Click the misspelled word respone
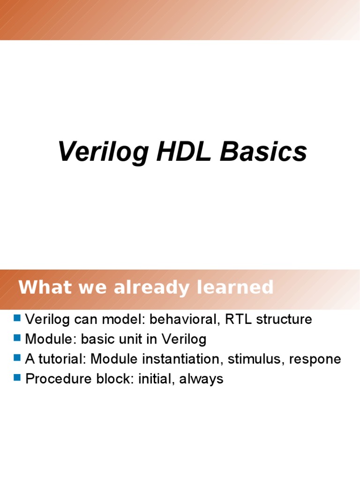click(315, 360)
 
